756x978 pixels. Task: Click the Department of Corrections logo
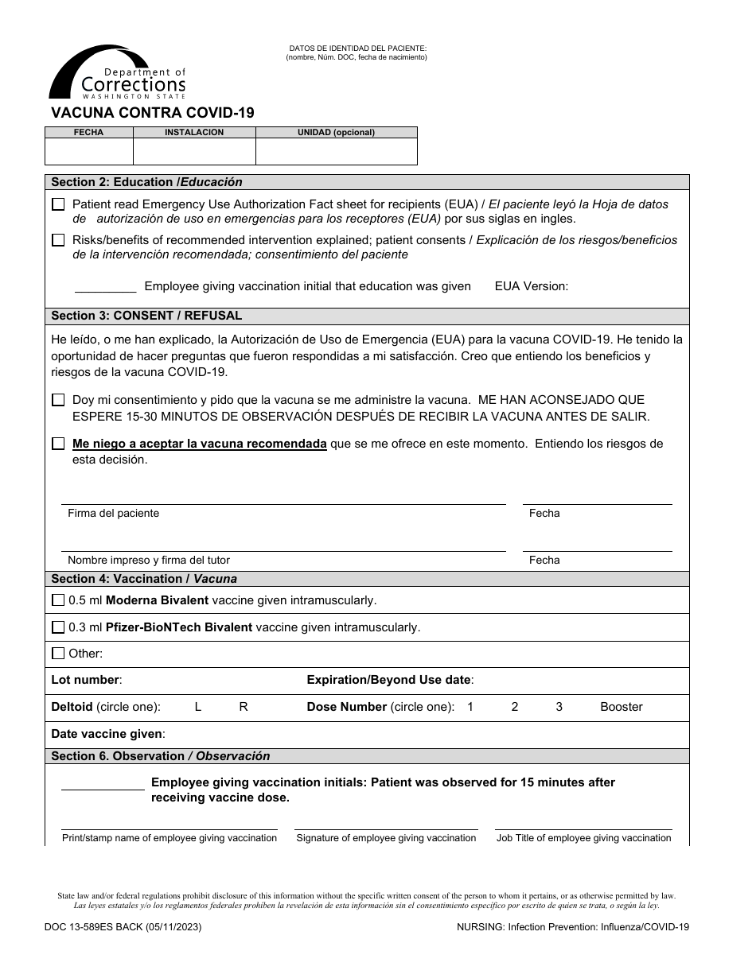click(x=117, y=73)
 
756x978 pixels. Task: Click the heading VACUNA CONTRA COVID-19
click(x=153, y=113)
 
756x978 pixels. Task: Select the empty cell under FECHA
click(x=88, y=151)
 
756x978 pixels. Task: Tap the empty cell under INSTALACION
click(x=193, y=151)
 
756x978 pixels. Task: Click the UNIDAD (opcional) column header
click(x=336, y=133)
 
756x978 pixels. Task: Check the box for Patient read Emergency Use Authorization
click(x=58, y=204)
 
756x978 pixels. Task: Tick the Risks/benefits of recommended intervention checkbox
click(x=58, y=240)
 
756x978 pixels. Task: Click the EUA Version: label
click(x=531, y=286)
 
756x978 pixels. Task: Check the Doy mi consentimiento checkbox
click(x=58, y=400)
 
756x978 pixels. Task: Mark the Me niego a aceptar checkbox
click(x=58, y=444)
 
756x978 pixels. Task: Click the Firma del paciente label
click(x=113, y=514)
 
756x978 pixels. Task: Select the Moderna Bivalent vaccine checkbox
click(x=58, y=600)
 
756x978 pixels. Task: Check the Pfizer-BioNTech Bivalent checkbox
click(x=58, y=627)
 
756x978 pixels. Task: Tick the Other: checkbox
click(x=58, y=654)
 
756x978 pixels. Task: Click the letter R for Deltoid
click(x=244, y=707)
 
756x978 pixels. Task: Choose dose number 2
click(x=515, y=707)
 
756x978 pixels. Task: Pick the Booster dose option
click(x=621, y=707)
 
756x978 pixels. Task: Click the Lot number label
click(x=86, y=680)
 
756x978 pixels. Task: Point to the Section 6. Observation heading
click(x=160, y=756)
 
